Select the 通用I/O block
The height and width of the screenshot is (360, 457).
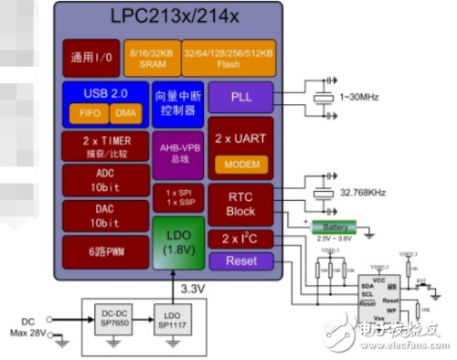[x=90, y=57]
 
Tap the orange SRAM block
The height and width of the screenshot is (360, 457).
[x=152, y=57]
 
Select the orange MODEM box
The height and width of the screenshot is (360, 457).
[x=240, y=164]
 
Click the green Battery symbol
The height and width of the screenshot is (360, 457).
[x=335, y=227]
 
